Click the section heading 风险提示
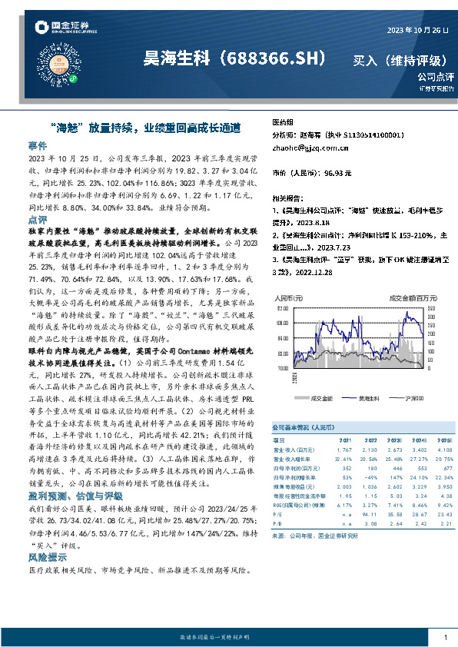click(47, 559)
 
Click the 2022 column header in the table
click(373, 441)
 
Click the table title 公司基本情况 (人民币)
click(303, 426)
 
